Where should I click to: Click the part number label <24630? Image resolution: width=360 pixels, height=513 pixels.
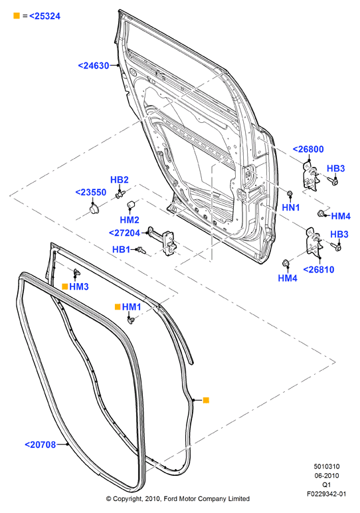[x=94, y=66]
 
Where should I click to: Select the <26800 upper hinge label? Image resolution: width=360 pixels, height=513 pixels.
[x=308, y=150]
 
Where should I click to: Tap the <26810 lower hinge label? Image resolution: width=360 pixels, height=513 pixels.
[x=319, y=270]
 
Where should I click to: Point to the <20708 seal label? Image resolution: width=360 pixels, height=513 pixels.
[x=41, y=445]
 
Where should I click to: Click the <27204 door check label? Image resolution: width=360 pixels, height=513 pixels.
[x=124, y=233]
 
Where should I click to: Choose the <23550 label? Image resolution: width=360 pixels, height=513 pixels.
[x=91, y=193]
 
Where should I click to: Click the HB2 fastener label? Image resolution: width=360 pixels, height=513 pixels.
[x=120, y=180]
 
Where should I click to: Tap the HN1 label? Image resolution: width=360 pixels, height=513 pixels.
[x=291, y=207]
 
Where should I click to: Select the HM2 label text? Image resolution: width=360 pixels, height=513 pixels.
[x=130, y=220]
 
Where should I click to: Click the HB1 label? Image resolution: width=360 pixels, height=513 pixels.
[x=121, y=250]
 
